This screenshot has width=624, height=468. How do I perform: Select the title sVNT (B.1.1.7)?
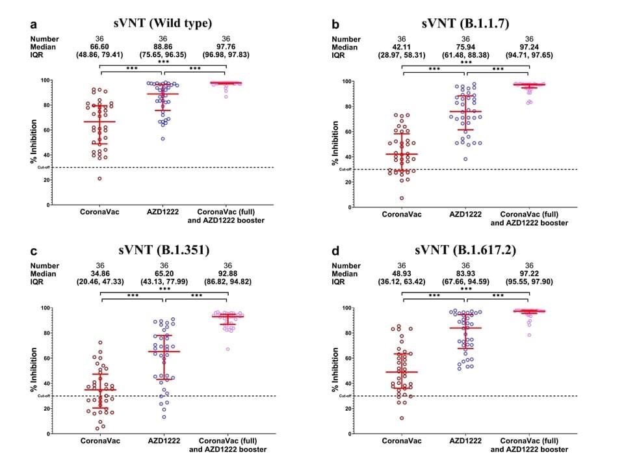[x=465, y=24]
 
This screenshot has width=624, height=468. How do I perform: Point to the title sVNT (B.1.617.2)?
[x=465, y=251]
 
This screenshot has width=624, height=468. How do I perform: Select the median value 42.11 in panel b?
[x=402, y=47]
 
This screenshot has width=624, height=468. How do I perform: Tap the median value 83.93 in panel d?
[x=465, y=274]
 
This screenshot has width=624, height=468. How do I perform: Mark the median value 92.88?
[x=227, y=274]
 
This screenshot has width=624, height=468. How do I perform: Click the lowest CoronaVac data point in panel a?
[x=99, y=178]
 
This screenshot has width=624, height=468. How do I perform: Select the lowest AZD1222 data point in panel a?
[x=163, y=138]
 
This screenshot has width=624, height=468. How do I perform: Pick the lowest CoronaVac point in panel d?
[x=402, y=418]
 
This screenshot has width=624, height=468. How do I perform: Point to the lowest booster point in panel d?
[x=529, y=335]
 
